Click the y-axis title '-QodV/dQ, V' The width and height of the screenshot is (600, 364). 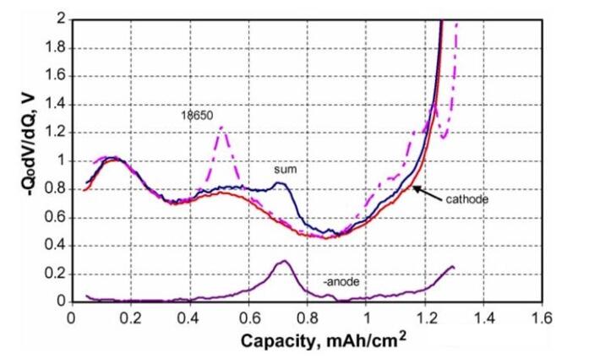pos(18,158)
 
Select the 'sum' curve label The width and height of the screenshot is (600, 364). pos(282,170)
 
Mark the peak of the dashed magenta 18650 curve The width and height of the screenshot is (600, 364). pos(221,128)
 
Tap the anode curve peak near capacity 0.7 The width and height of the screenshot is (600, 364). pos(285,261)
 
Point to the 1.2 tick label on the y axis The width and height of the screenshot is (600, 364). pos(52,132)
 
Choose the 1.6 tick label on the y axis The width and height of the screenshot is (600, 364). pos(52,75)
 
